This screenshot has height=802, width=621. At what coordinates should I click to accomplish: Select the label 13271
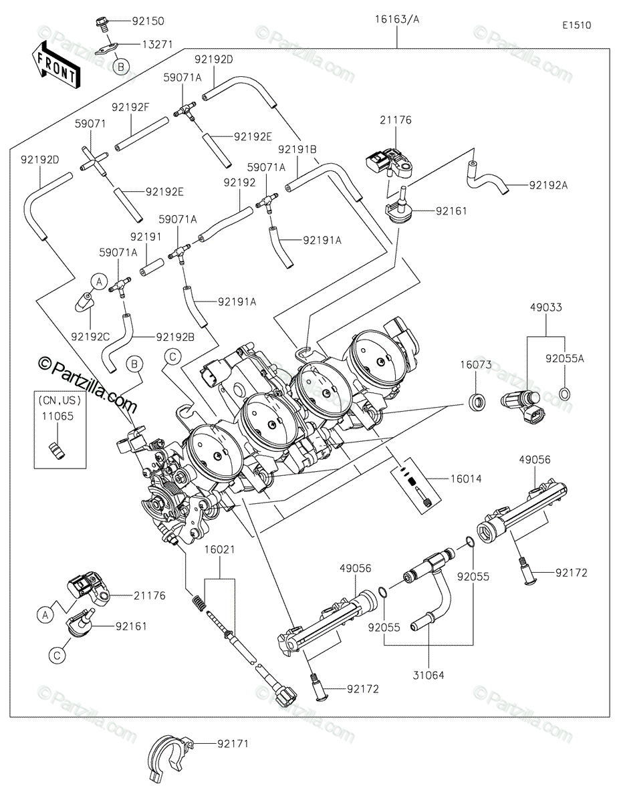(157, 44)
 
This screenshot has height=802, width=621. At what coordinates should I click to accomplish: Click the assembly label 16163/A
(397, 20)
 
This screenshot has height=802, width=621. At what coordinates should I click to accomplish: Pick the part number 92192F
(130, 107)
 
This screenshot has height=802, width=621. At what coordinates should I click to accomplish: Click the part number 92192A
(548, 186)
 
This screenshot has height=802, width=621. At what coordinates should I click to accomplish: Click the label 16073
(475, 365)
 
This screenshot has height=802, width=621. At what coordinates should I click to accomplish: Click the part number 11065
(59, 414)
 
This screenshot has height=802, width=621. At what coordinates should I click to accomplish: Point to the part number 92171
(231, 743)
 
